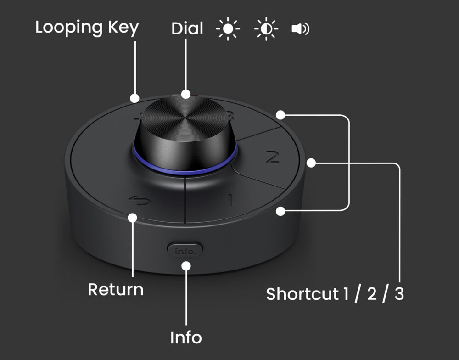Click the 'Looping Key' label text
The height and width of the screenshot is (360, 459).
(x=87, y=28)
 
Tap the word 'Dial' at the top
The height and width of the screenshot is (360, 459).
(x=187, y=28)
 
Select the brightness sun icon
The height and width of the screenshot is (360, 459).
(x=228, y=29)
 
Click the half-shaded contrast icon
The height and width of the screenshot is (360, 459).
(x=266, y=29)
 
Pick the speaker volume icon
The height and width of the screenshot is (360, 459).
(x=300, y=29)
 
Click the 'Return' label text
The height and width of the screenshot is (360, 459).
(x=116, y=289)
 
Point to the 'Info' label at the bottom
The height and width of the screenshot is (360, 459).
(x=186, y=337)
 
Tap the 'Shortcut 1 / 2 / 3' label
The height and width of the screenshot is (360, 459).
(x=335, y=294)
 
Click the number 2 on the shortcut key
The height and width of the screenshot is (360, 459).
(x=273, y=157)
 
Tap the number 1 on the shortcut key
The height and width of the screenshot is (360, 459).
(x=230, y=200)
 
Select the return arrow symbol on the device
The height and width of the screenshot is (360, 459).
(x=140, y=200)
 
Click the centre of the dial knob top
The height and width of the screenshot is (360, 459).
(x=185, y=116)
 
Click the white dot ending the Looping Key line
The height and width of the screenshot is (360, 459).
(x=134, y=98)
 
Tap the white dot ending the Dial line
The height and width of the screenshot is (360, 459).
(x=185, y=94)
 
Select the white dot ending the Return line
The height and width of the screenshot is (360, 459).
(x=133, y=218)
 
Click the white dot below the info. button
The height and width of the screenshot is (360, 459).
(x=186, y=266)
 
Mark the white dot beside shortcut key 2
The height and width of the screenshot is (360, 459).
(x=311, y=163)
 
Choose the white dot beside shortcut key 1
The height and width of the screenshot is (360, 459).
(x=280, y=211)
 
